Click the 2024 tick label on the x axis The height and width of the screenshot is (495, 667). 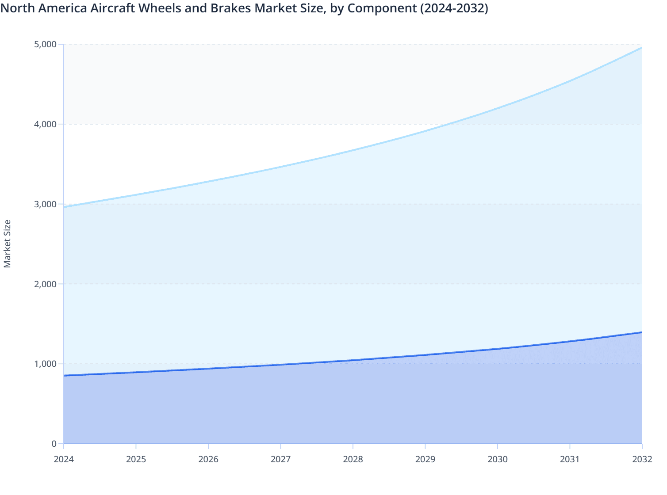64,459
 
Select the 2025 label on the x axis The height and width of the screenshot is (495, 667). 136,459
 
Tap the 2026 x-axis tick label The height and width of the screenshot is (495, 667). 208,459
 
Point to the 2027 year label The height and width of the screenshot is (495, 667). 280,459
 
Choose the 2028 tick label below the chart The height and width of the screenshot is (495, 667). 353,459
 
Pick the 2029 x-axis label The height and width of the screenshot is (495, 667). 425,459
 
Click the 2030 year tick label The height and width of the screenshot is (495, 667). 498,459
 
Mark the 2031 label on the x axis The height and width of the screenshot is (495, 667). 570,459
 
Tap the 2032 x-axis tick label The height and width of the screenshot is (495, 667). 642,459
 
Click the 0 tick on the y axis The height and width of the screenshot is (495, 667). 54,444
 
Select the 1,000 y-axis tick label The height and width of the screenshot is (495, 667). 45,364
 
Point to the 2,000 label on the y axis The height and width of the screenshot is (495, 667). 45,284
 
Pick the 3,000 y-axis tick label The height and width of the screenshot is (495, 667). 45,204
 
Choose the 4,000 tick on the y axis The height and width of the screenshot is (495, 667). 45,124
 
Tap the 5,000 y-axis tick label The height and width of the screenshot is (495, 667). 45,44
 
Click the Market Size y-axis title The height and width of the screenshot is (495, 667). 7,244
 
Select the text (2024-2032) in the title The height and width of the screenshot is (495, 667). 454,8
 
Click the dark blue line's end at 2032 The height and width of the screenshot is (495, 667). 642,332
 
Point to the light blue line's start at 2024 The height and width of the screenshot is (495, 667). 64,207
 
